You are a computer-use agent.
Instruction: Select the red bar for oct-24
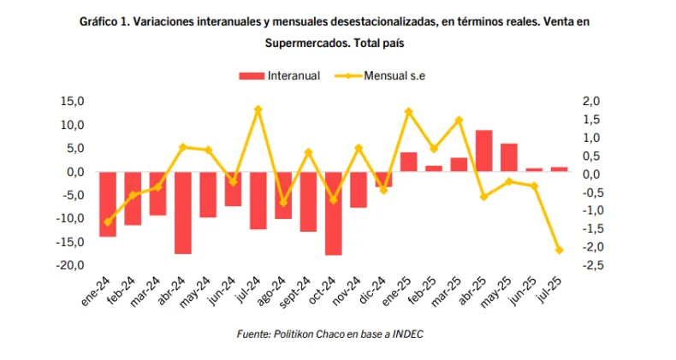333,213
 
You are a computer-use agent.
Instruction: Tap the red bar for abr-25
483,150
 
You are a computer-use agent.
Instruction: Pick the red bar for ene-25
408,162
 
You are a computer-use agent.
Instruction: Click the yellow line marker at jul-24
258,109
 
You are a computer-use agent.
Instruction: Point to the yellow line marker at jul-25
559,251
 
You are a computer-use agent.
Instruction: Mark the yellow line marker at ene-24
108,222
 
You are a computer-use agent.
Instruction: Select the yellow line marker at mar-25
459,120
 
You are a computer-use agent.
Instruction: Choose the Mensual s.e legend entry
394,75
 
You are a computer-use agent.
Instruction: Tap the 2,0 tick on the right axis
591,102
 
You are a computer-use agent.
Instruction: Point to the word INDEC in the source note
408,334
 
